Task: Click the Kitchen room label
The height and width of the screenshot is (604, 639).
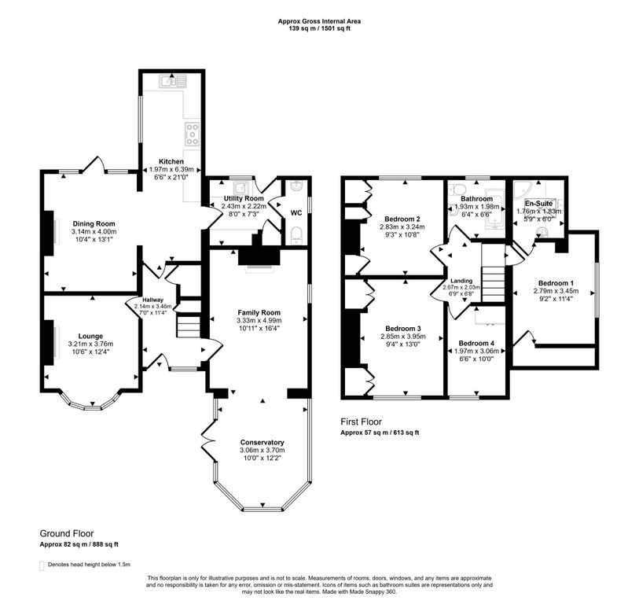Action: pyautogui.click(x=171, y=161)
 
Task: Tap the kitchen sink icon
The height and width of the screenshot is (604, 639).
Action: pyautogui.click(x=173, y=82)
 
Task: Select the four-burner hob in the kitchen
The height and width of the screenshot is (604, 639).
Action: pyautogui.click(x=192, y=134)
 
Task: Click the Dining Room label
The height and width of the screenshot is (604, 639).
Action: pyautogui.click(x=94, y=223)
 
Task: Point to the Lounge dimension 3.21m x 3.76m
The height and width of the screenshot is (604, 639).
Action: pyautogui.click(x=90, y=344)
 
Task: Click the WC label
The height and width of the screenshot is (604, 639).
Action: pyautogui.click(x=296, y=213)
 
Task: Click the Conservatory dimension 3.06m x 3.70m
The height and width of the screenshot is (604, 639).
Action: pyautogui.click(x=263, y=450)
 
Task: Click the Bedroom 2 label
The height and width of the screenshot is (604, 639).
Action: pyautogui.click(x=402, y=219)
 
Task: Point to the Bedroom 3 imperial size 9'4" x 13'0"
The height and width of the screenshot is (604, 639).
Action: pyautogui.click(x=403, y=344)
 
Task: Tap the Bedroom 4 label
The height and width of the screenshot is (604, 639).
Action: pyautogui.click(x=476, y=344)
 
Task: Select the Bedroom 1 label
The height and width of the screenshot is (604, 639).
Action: pyautogui.click(x=556, y=283)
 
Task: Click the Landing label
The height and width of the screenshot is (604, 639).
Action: pyautogui.click(x=461, y=281)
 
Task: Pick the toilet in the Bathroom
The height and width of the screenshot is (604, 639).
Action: pyautogui.click(x=459, y=190)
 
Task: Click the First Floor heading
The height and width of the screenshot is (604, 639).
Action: pyautogui.click(x=362, y=422)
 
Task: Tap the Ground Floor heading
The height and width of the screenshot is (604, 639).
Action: pyautogui.click(x=67, y=533)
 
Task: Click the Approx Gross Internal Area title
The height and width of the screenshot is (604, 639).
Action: pyautogui.click(x=319, y=21)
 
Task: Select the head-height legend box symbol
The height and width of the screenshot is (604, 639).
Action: pyautogui.click(x=42, y=565)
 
